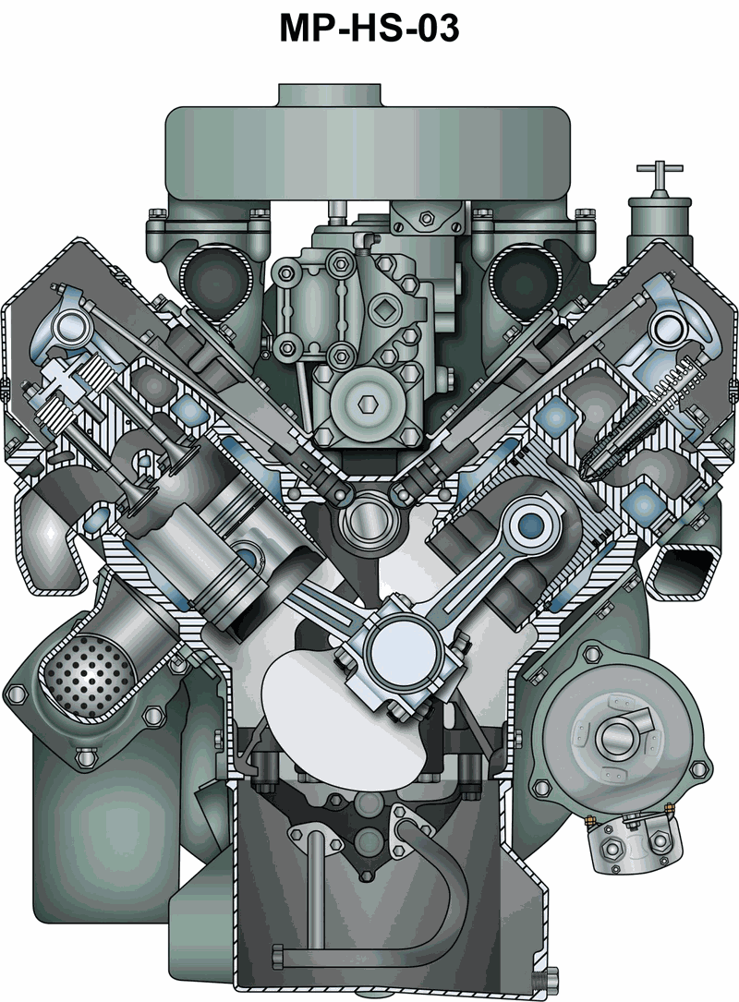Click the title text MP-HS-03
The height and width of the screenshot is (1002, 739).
click(x=369, y=28)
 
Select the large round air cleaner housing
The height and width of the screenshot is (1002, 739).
click(x=368, y=152)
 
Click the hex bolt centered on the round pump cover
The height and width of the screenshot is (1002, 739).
click(x=367, y=403)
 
